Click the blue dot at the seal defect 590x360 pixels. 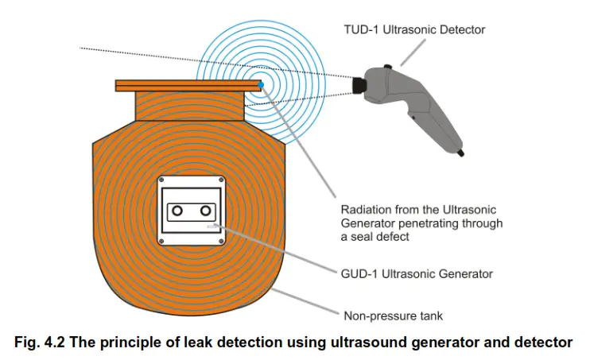point(261,83)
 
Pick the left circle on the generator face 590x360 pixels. point(178,210)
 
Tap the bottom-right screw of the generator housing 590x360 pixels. point(226,240)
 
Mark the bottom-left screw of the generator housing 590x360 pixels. point(161,240)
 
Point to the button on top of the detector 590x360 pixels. point(387,68)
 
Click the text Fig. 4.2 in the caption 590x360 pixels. point(39,343)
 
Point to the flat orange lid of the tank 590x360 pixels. point(188,85)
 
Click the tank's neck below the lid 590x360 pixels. point(188,106)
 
